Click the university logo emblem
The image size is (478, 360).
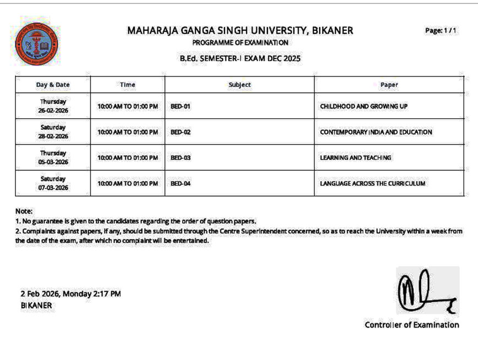37,43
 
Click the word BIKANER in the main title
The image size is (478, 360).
332,31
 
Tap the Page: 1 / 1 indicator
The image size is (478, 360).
441,31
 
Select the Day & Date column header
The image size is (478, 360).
53,85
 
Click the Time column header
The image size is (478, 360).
127,85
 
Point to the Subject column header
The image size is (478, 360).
239,85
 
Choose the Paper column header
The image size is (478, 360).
389,85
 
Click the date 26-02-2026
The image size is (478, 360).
53,110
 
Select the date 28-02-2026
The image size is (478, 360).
53,136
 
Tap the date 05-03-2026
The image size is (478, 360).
53,162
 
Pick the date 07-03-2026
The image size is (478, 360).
53,188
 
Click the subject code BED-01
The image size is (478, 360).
180,106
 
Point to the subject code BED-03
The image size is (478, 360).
180,158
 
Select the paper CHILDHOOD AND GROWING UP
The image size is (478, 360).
364,106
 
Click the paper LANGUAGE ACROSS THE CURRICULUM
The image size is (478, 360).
372,184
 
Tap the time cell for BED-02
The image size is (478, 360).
128,132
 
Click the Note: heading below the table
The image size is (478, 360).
24,211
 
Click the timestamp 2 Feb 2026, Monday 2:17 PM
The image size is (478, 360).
70,294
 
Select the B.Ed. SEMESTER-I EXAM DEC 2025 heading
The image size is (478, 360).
240,58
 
